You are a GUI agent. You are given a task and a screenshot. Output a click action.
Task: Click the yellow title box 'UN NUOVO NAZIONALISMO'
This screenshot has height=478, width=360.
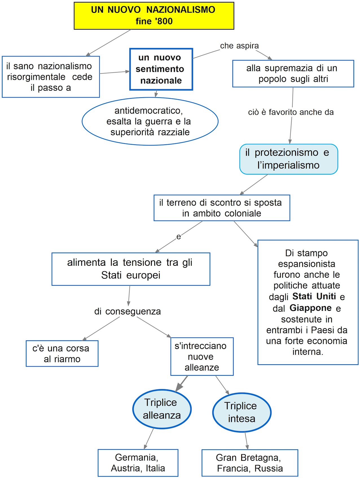point(154,16)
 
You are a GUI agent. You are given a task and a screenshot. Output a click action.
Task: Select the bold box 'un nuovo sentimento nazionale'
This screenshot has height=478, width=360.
point(161,69)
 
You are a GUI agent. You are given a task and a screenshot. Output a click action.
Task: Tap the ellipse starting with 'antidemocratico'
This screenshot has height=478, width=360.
point(150,121)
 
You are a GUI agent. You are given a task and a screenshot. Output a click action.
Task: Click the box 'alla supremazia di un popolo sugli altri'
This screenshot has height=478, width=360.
point(293,74)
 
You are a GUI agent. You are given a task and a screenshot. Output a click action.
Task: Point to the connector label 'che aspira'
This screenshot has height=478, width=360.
point(239,46)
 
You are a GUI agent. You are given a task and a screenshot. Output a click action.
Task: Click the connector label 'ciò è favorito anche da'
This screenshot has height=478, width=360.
point(291,112)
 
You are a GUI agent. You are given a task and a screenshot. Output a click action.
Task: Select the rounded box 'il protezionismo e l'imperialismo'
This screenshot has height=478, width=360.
point(288,159)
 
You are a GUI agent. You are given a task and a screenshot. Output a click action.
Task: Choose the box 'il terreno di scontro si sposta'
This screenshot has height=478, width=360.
point(221,208)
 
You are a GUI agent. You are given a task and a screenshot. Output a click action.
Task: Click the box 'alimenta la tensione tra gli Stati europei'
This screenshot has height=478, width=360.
point(131,269)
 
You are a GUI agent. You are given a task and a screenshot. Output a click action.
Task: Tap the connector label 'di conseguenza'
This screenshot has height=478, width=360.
point(128,311)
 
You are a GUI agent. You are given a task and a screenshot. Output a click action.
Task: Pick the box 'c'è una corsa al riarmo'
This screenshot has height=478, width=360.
point(62,354)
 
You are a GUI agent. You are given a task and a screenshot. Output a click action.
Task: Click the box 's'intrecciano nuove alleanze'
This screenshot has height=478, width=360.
point(202,356)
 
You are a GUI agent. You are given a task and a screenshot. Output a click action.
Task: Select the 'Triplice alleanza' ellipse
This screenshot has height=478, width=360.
point(162,409)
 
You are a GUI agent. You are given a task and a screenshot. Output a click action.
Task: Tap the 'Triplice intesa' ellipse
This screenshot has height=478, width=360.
point(242,412)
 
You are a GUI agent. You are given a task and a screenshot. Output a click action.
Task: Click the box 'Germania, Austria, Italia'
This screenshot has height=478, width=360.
point(138,463)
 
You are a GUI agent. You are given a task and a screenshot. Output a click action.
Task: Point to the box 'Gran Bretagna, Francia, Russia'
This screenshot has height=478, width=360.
point(250,463)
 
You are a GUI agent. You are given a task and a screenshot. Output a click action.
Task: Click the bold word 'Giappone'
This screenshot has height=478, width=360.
point(310,308)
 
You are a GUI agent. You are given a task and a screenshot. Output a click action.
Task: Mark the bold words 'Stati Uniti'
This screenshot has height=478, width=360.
point(314,296)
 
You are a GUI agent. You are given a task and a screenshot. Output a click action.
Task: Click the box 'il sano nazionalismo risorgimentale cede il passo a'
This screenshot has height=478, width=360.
point(51,77)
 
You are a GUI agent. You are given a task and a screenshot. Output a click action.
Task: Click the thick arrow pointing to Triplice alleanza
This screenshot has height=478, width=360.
point(182,384)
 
